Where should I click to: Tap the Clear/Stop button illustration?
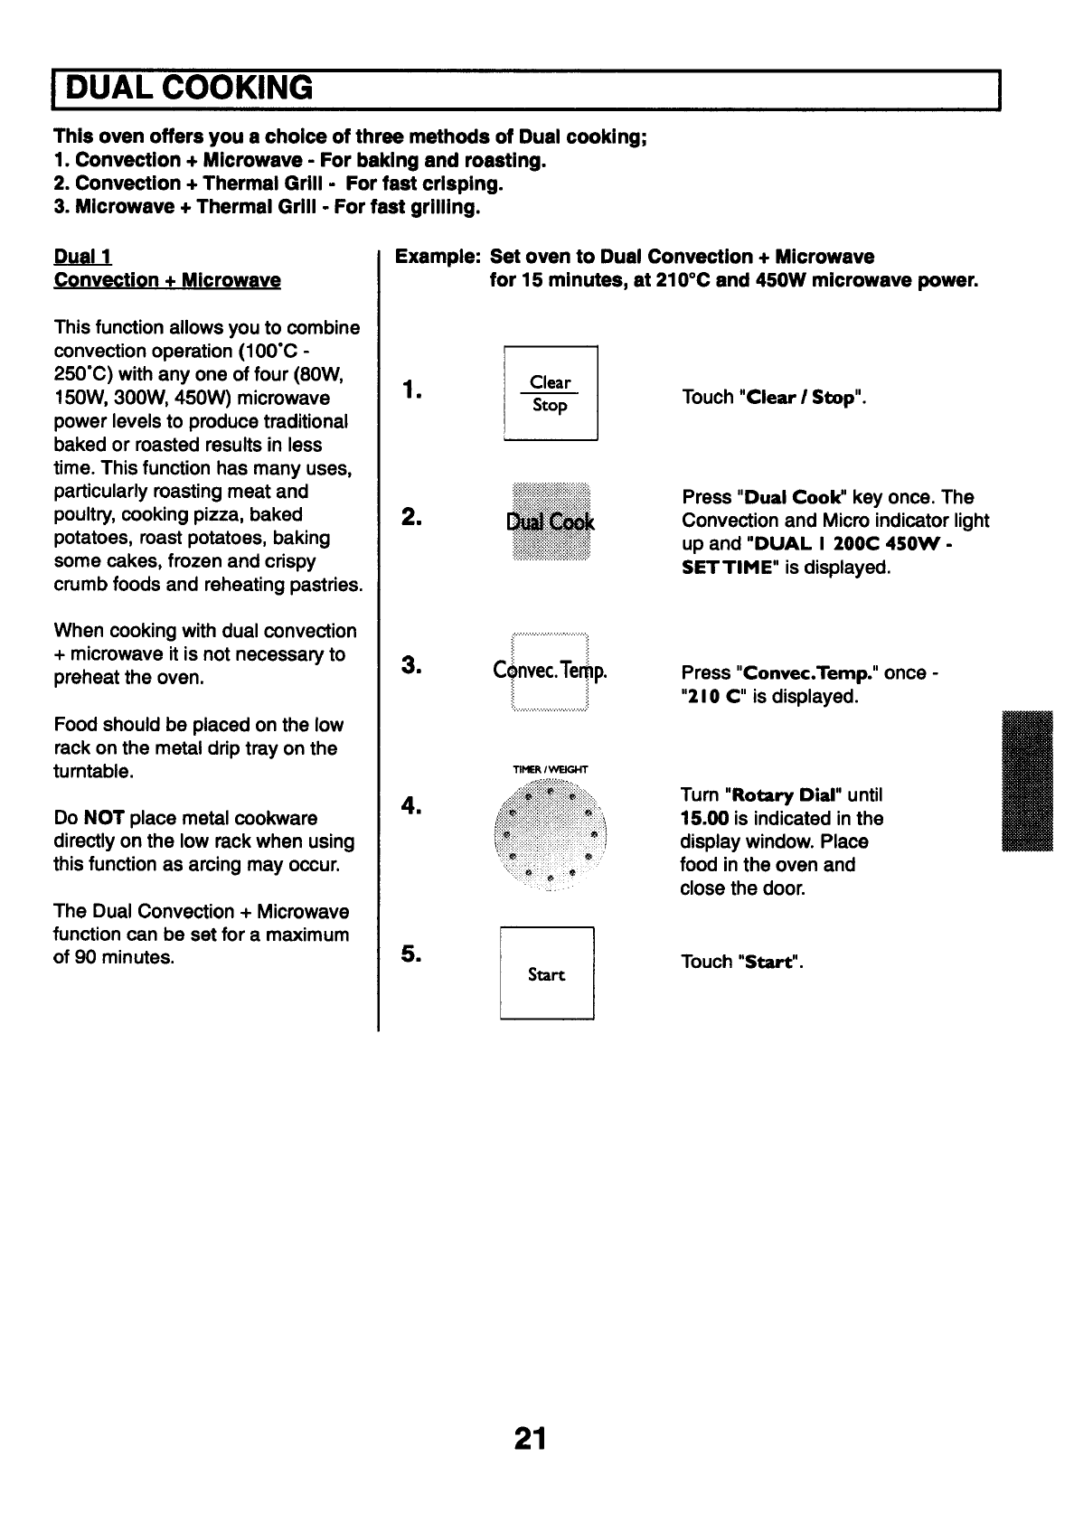(x=550, y=394)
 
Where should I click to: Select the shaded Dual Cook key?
(x=551, y=522)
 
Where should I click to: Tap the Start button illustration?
(x=547, y=973)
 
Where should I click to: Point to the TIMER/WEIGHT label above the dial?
(x=550, y=770)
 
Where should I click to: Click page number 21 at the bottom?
(x=530, y=1438)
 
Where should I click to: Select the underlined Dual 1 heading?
(x=82, y=257)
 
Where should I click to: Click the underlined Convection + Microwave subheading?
(x=167, y=280)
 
